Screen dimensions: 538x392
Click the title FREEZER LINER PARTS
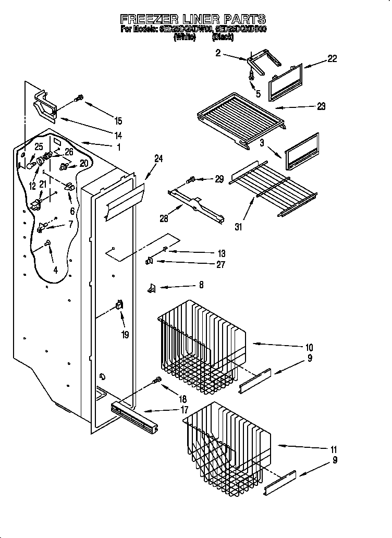coord(193,20)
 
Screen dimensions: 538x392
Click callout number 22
coord(332,59)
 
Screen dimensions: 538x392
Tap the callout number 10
coord(309,347)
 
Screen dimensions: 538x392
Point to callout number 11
coord(334,449)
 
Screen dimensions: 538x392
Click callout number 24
coord(158,159)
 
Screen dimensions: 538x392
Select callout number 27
coord(220,265)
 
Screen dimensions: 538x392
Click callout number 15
coord(118,121)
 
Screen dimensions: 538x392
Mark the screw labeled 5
coord(252,75)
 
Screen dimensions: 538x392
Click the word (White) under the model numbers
coord(185,38)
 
